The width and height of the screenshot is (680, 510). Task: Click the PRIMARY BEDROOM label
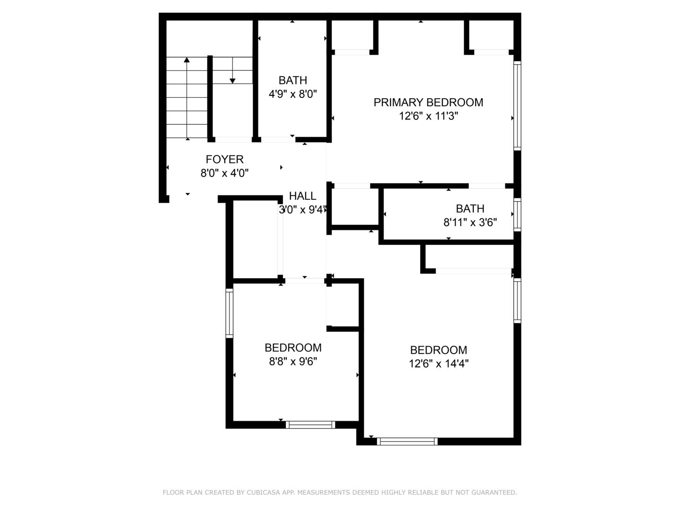pyautogui.click(x=428, y=102)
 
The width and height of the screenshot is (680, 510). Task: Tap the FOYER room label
pyautogui.click(x=225, y=160)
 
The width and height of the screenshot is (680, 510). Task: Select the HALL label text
pyautogui.click(x=302, y=196)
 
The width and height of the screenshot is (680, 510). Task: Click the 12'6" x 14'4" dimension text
pyautogui.click(x=438, y=364)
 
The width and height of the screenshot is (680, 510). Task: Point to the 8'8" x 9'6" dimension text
pyautogui.click(x=293, y=361)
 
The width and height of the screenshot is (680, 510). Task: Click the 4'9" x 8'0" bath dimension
pyautogui.click(x=293, y=94)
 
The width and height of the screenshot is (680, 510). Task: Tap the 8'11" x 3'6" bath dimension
pyautogui.click(x=470, y=222)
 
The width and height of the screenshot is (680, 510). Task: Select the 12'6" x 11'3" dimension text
pyautogui.click(x=428, y=116)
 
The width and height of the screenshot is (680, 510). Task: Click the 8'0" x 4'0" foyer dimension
pyautogui.click(x=225, y=173)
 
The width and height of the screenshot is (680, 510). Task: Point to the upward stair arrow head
pyautogui.click(x=187, y=60)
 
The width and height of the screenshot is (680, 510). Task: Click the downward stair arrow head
pyautogui.click(x=232, y=81)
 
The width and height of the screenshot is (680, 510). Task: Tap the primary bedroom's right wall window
pyautogui.click(x=518, y=106)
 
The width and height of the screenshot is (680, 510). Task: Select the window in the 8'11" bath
pyautogui.click(x=518, y=214)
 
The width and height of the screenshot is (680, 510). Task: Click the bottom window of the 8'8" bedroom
pyautogui.click(x=310, y=425)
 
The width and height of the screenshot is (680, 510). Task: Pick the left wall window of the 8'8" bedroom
pyautogui.click(x=229, y=314)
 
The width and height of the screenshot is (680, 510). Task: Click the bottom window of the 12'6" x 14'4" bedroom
pyautogui.click(x=407, y=441)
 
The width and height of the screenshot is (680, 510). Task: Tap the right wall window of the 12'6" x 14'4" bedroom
pyautogui.click(x=518, y=301)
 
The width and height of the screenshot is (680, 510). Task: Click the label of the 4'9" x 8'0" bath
pyautogui.click(x=293, y=80)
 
